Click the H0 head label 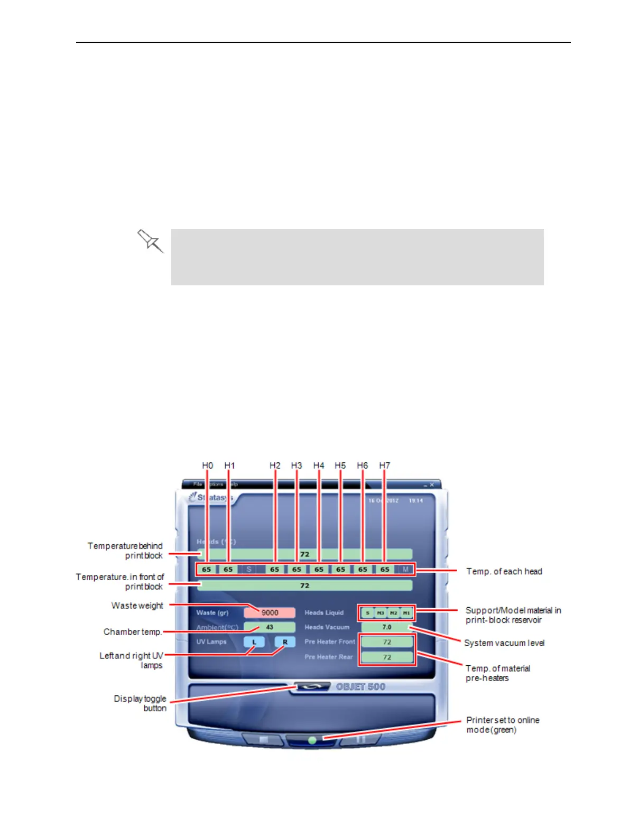tap(207, 466)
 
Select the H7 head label tap(384, 466)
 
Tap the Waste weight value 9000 tap(270, 612)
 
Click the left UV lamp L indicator tap(254, 642)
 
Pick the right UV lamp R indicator tap(285, 642)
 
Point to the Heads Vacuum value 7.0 tap(387, 627)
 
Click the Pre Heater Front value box tap(387, 642)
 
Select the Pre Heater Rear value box tap(387, 657)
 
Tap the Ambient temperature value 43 tap(270, 627)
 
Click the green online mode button tap(312, 740)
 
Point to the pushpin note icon tap(150, 241)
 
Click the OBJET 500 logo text tap(361, 687)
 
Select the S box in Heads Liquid tap(367, 613)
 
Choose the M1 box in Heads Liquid tap(406, 613)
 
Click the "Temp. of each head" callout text tap(504, 571)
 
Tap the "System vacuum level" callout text tap(504, 643)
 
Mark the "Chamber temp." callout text tap(132, 632)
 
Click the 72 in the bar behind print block tap(305, 554)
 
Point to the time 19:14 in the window tap(415, 500)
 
